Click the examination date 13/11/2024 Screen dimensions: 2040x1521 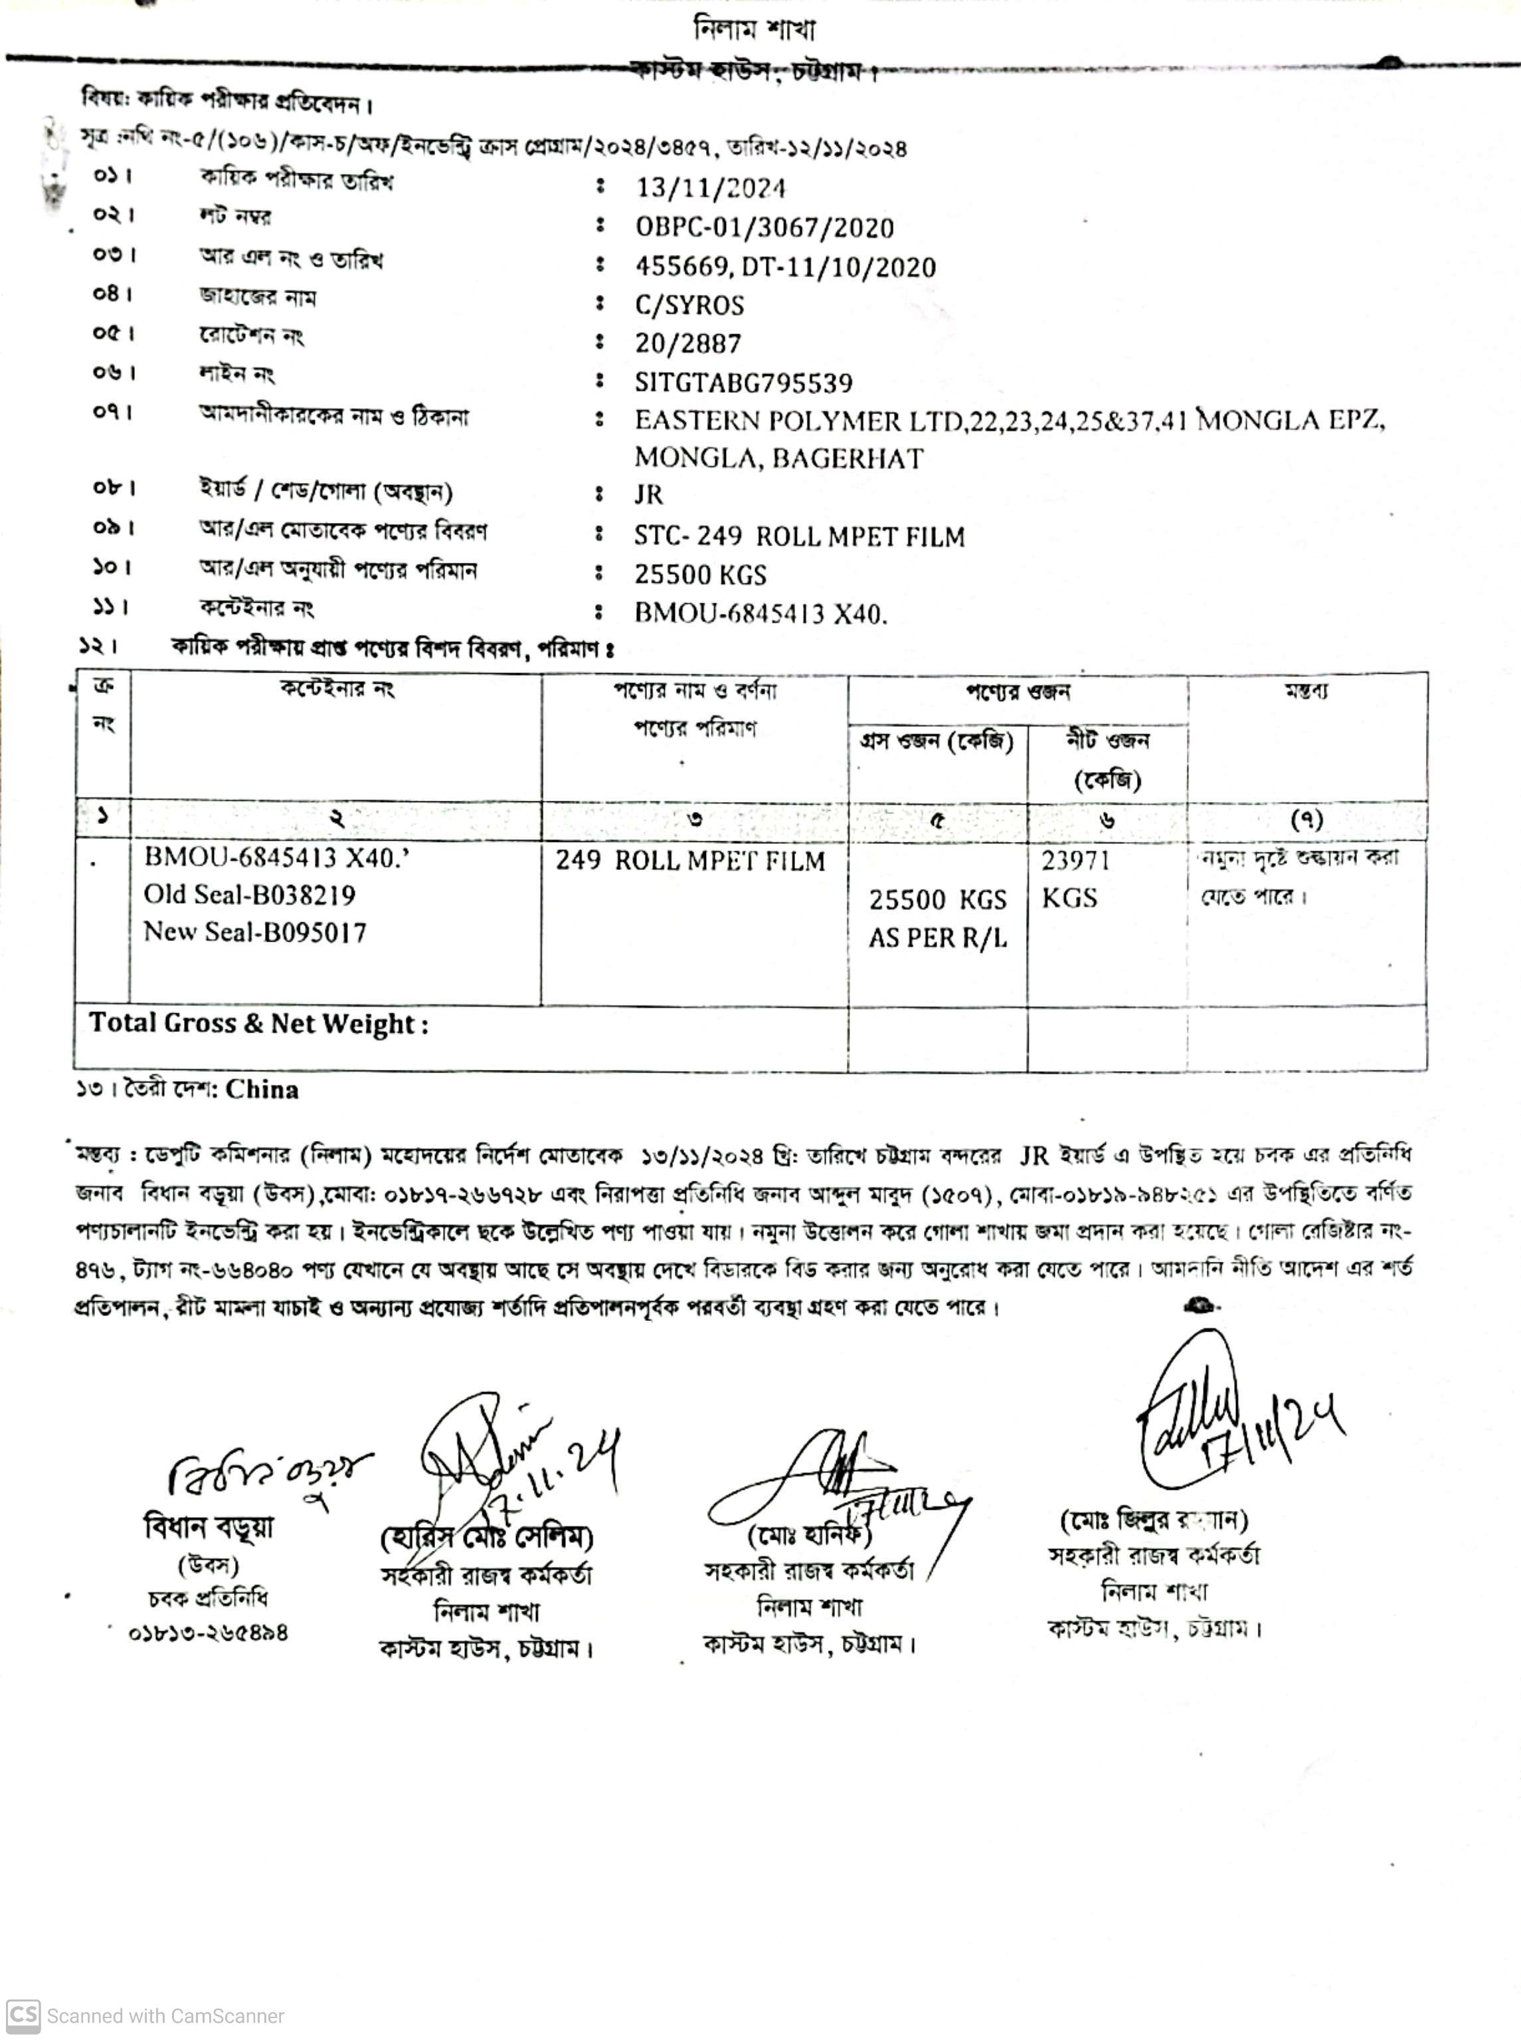[x=711, y=189]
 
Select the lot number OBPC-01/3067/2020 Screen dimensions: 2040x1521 [x=764, y=227]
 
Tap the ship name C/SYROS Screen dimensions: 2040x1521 [x=689, y=305]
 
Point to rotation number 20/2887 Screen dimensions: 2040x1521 [x=687, y=344]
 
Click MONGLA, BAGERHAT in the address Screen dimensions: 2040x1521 [x=778, y=458]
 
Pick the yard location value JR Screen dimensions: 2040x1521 [x=648, y=494]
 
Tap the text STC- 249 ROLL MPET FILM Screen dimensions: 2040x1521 [x=799, y=536]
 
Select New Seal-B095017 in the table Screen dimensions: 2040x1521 [x=255, y=932]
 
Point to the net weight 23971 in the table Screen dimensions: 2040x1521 [x=1075, y=861]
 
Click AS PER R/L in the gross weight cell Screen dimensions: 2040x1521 [x=937, y=938]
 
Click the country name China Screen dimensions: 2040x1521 [x=262, y=1090]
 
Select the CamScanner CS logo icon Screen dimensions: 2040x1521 [x=23, y=2015]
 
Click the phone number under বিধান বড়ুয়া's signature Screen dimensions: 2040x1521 [x=208, y=1633]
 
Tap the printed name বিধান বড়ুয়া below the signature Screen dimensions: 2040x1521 [x=209, y=1528]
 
